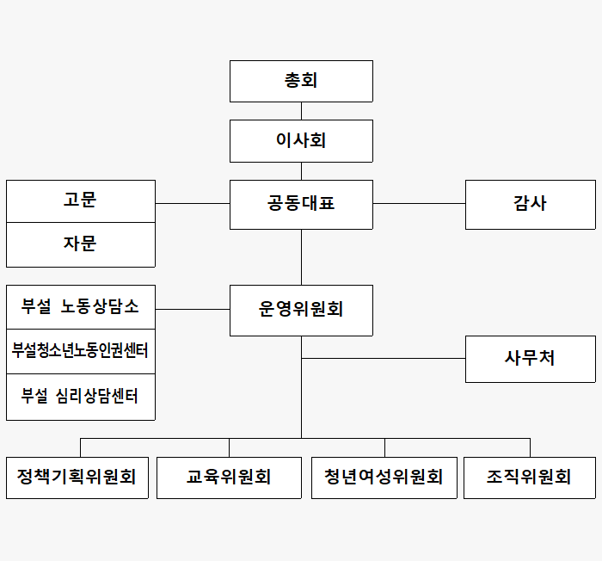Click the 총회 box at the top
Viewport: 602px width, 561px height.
(301, 81)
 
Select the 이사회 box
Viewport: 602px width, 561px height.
(301, 141)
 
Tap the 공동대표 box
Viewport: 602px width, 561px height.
(301, 205)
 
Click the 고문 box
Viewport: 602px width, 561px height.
(81, 201)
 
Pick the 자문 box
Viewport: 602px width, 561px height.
(81, 244)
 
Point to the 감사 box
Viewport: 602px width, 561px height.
(531, 205)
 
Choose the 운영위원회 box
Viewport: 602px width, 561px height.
(301, 311)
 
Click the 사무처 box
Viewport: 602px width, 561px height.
(531, 359)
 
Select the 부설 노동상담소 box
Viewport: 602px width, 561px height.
(81, 307)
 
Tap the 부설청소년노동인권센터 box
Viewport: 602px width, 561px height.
(81, 351)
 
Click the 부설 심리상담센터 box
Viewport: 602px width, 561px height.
(81, 397)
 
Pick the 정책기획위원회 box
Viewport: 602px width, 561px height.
(77, 478)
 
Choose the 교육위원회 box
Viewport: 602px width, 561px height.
(229, 478)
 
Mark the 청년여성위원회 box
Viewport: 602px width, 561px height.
(384, 478)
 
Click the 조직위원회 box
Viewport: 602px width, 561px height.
(530, 478)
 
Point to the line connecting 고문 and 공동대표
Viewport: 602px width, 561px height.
(193, 203)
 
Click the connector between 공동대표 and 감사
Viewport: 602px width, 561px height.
(419, 203)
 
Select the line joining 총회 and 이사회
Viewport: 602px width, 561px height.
(301, 111)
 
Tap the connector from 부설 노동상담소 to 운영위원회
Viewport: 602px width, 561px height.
(193, 309)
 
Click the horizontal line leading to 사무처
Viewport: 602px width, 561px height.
(384, 358)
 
